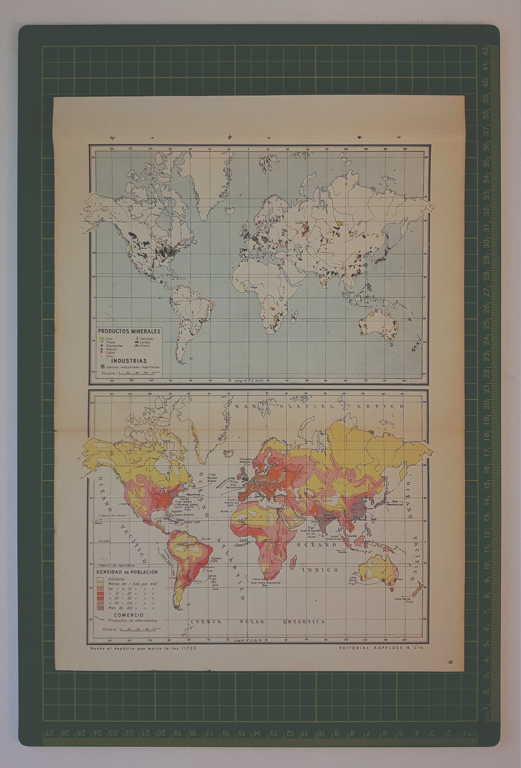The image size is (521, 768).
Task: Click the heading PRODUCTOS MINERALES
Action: [x=129, y=331]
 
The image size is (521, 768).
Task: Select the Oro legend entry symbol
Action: [x=101, y=339]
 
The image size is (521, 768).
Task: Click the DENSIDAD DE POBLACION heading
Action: [x=127, y=572]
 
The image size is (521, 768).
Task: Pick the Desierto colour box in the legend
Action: [x=100, y=579]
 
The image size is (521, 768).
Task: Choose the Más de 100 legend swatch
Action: [x=100, y=608]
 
